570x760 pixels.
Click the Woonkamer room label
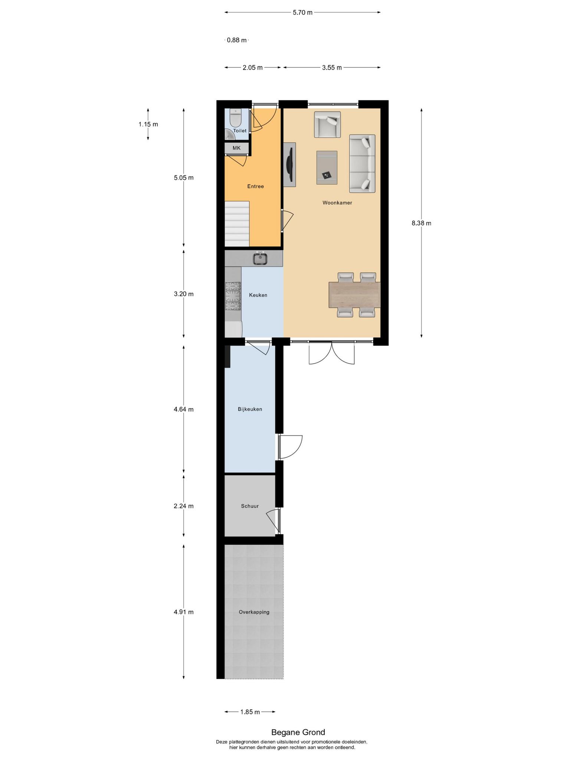coord(337,203)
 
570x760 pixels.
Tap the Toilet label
coord(240,131)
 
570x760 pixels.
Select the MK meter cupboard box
coord(236,148)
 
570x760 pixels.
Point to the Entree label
coord(255,186)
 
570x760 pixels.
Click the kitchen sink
coord(260,258)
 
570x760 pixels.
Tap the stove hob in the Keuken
coord(233,296)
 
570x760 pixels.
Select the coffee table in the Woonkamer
coord(327,167)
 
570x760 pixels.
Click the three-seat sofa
coord(362,164)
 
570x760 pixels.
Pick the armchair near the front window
coord(327,124)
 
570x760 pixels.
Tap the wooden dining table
coord(354,295)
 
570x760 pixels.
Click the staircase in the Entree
coord(237,224)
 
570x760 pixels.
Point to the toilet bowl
coord(236,118)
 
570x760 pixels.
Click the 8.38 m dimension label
coord(421,223)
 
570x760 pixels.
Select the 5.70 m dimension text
coord(302,12)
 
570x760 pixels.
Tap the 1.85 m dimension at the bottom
coord(250,712)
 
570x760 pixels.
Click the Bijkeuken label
coord(250,409)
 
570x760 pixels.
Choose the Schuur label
coord(250,506)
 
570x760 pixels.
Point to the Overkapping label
coord(254,612)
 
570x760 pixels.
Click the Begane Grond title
coord(298,732)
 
